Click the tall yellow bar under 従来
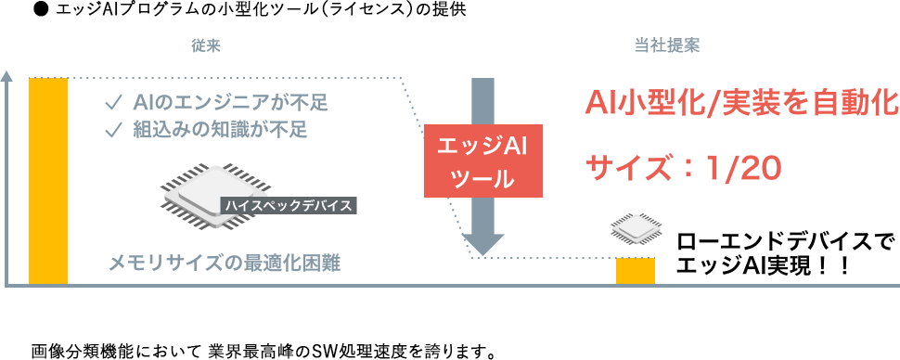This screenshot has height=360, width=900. (48, 180)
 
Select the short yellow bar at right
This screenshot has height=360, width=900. (636, 270)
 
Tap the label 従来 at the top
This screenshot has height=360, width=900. (206, 47)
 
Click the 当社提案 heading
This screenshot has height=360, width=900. (666, 47)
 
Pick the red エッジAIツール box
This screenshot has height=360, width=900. (482, 161)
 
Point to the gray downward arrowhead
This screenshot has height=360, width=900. (482, 244)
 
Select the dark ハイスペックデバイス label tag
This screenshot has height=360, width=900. (289, 206)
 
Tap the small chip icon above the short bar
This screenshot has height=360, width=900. (635, 228)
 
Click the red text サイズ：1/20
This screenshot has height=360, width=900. (683, 169)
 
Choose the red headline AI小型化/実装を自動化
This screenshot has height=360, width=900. (740, 103)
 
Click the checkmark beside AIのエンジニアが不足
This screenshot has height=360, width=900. (112, 103)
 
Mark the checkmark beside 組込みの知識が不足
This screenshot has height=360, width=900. (112, 131)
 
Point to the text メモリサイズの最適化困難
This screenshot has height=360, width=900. (225, 264)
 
